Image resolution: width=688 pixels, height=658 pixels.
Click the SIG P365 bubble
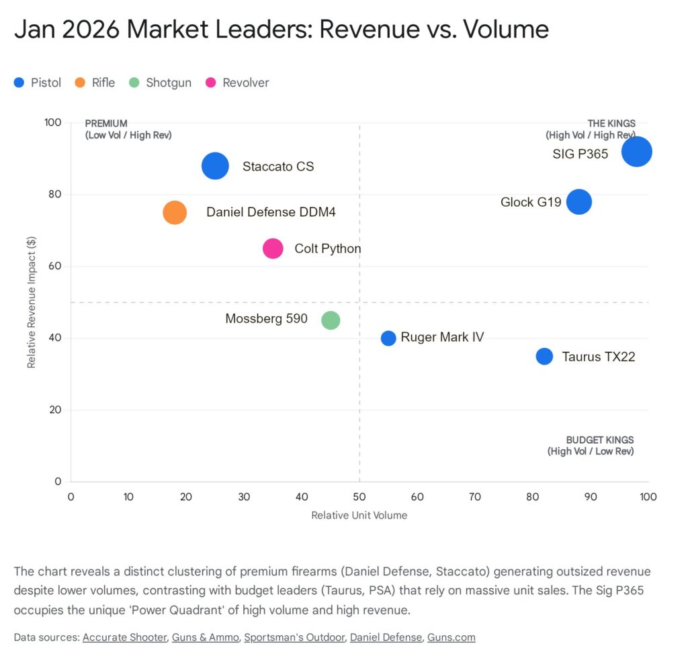[x=636, y=151]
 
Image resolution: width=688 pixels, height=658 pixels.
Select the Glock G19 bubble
[x=578, y=201]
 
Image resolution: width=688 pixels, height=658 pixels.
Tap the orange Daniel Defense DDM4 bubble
[x=175, y=213]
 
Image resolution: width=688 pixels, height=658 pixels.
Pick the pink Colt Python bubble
[x=273, y=248]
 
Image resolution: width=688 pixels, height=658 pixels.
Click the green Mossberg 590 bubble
[x=331, y=320]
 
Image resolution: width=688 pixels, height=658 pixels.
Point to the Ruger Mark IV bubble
[x=388, y=338]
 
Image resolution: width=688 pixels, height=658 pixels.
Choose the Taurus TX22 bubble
[x=544, y=357]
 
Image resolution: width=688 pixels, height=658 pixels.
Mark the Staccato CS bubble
[x=215, y=166]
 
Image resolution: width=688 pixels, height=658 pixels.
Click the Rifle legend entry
[x=95, y=83]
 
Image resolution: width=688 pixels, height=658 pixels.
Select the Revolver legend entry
[x=238, y=83]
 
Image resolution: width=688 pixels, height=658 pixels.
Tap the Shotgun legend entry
[x=161, y=83]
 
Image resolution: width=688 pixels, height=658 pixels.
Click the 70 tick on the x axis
[x=475, y=497]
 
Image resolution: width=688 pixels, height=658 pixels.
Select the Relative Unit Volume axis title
[x=359, y=516]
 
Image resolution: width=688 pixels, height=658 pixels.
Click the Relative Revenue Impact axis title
[x=31, y=302]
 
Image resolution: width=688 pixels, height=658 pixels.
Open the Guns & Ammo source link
[x=205, y=637]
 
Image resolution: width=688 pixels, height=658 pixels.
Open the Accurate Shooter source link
[x=124, y=637]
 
